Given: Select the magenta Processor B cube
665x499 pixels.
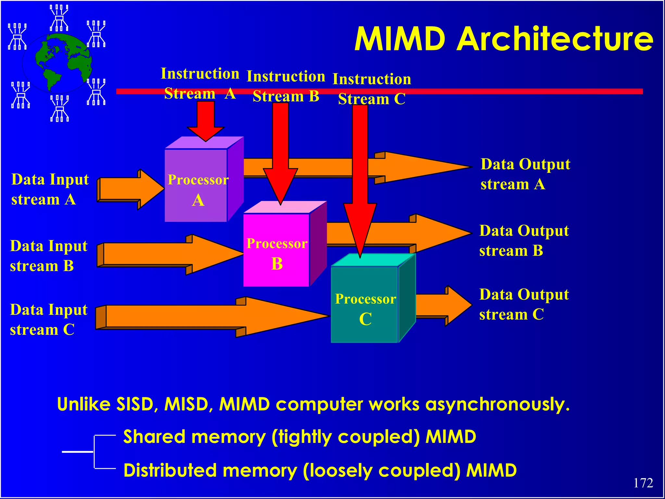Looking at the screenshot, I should (x=276, y=250).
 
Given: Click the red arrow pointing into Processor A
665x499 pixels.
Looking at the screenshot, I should (x=206, y=120).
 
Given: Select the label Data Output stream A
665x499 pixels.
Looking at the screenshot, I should (x=525, y=174).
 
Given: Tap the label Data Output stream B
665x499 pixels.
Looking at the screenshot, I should (x=524, y=241).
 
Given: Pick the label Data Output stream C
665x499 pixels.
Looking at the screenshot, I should (x=524, y=304).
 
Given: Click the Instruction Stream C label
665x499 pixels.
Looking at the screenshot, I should (x=372, y=89).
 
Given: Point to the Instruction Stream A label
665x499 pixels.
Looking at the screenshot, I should (x=200, y=83).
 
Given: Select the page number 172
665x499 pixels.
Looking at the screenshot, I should (x=643, y=483).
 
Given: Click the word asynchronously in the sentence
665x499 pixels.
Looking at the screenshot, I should (x=497, y=405).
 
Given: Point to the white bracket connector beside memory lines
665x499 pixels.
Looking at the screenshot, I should (x=94, y=452).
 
